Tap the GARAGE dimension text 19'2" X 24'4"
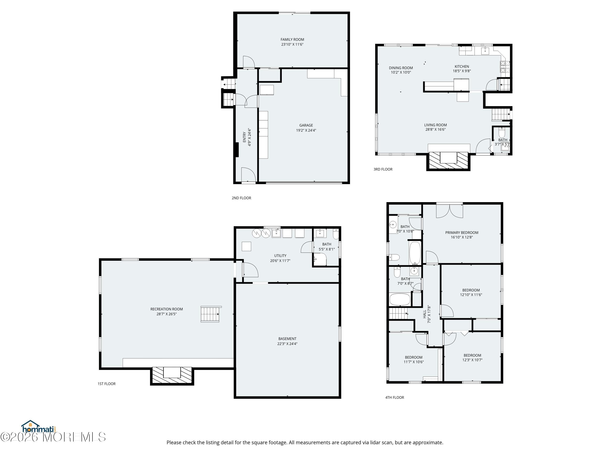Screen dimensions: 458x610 [306, 130]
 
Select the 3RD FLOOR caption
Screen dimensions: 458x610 [383, 169]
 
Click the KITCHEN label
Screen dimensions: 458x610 [462, 67]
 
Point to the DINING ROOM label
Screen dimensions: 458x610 [401, 68]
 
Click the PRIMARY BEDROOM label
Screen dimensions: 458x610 [462, 233]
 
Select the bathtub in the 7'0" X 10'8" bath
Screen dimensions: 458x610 [415, 253]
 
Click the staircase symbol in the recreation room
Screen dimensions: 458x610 [210, 314]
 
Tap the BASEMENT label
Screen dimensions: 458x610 [287, 339]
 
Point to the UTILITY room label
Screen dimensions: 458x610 [280, 256]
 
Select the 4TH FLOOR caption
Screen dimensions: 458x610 [394, 398]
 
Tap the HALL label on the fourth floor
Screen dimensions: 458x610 [424, 314]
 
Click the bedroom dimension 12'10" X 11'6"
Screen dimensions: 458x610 [471, 295]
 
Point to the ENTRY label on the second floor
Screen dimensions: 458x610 [244, 137]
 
